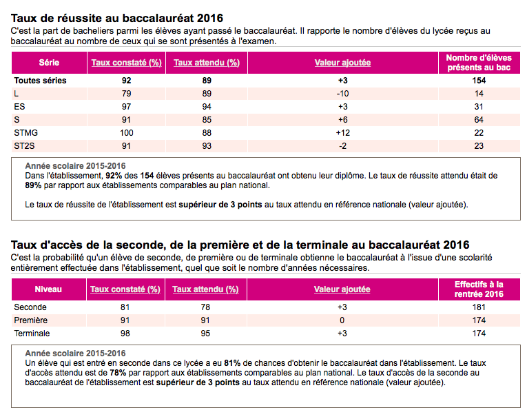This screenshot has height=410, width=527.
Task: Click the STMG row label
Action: click(x=26, y=133)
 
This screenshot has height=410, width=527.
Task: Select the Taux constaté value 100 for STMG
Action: click(x=126, y=133)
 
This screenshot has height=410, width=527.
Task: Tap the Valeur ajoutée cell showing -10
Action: click(x=342, y=94)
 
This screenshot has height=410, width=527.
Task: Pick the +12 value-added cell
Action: click(x=343, y=133)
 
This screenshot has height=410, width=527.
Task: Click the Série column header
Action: click(x=49, y=63)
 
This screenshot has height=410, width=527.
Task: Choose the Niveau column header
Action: click(x=48, y=289)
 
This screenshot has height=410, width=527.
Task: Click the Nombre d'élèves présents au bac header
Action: click(x=479, y=63)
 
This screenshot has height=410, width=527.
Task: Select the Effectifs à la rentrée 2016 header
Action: click(x=479, y=289)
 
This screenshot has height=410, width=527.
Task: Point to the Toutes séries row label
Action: click(x=41, y=81)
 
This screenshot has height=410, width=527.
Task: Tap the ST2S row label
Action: click(x=24, y=146)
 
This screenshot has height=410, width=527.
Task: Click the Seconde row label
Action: click(x=30, y=307)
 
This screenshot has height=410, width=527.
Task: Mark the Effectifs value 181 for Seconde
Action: click(x=479, y=307)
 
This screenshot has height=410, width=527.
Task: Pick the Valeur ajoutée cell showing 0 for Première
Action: click(x=342, y=320)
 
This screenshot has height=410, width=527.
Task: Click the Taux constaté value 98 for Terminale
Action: click(x=125, y=334)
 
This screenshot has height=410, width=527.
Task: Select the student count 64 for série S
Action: click(x=479, y=120)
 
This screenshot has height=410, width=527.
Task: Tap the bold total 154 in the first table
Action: click(x=479, y=81)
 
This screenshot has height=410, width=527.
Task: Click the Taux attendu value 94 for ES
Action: click(x=207, y=107)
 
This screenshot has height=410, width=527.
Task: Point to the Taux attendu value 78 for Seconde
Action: click(x=205, y=307)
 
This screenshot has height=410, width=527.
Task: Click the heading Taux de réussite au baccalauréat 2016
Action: click(x=117, y=18)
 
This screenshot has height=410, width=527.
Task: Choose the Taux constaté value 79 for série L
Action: click(x=126, y=94)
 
